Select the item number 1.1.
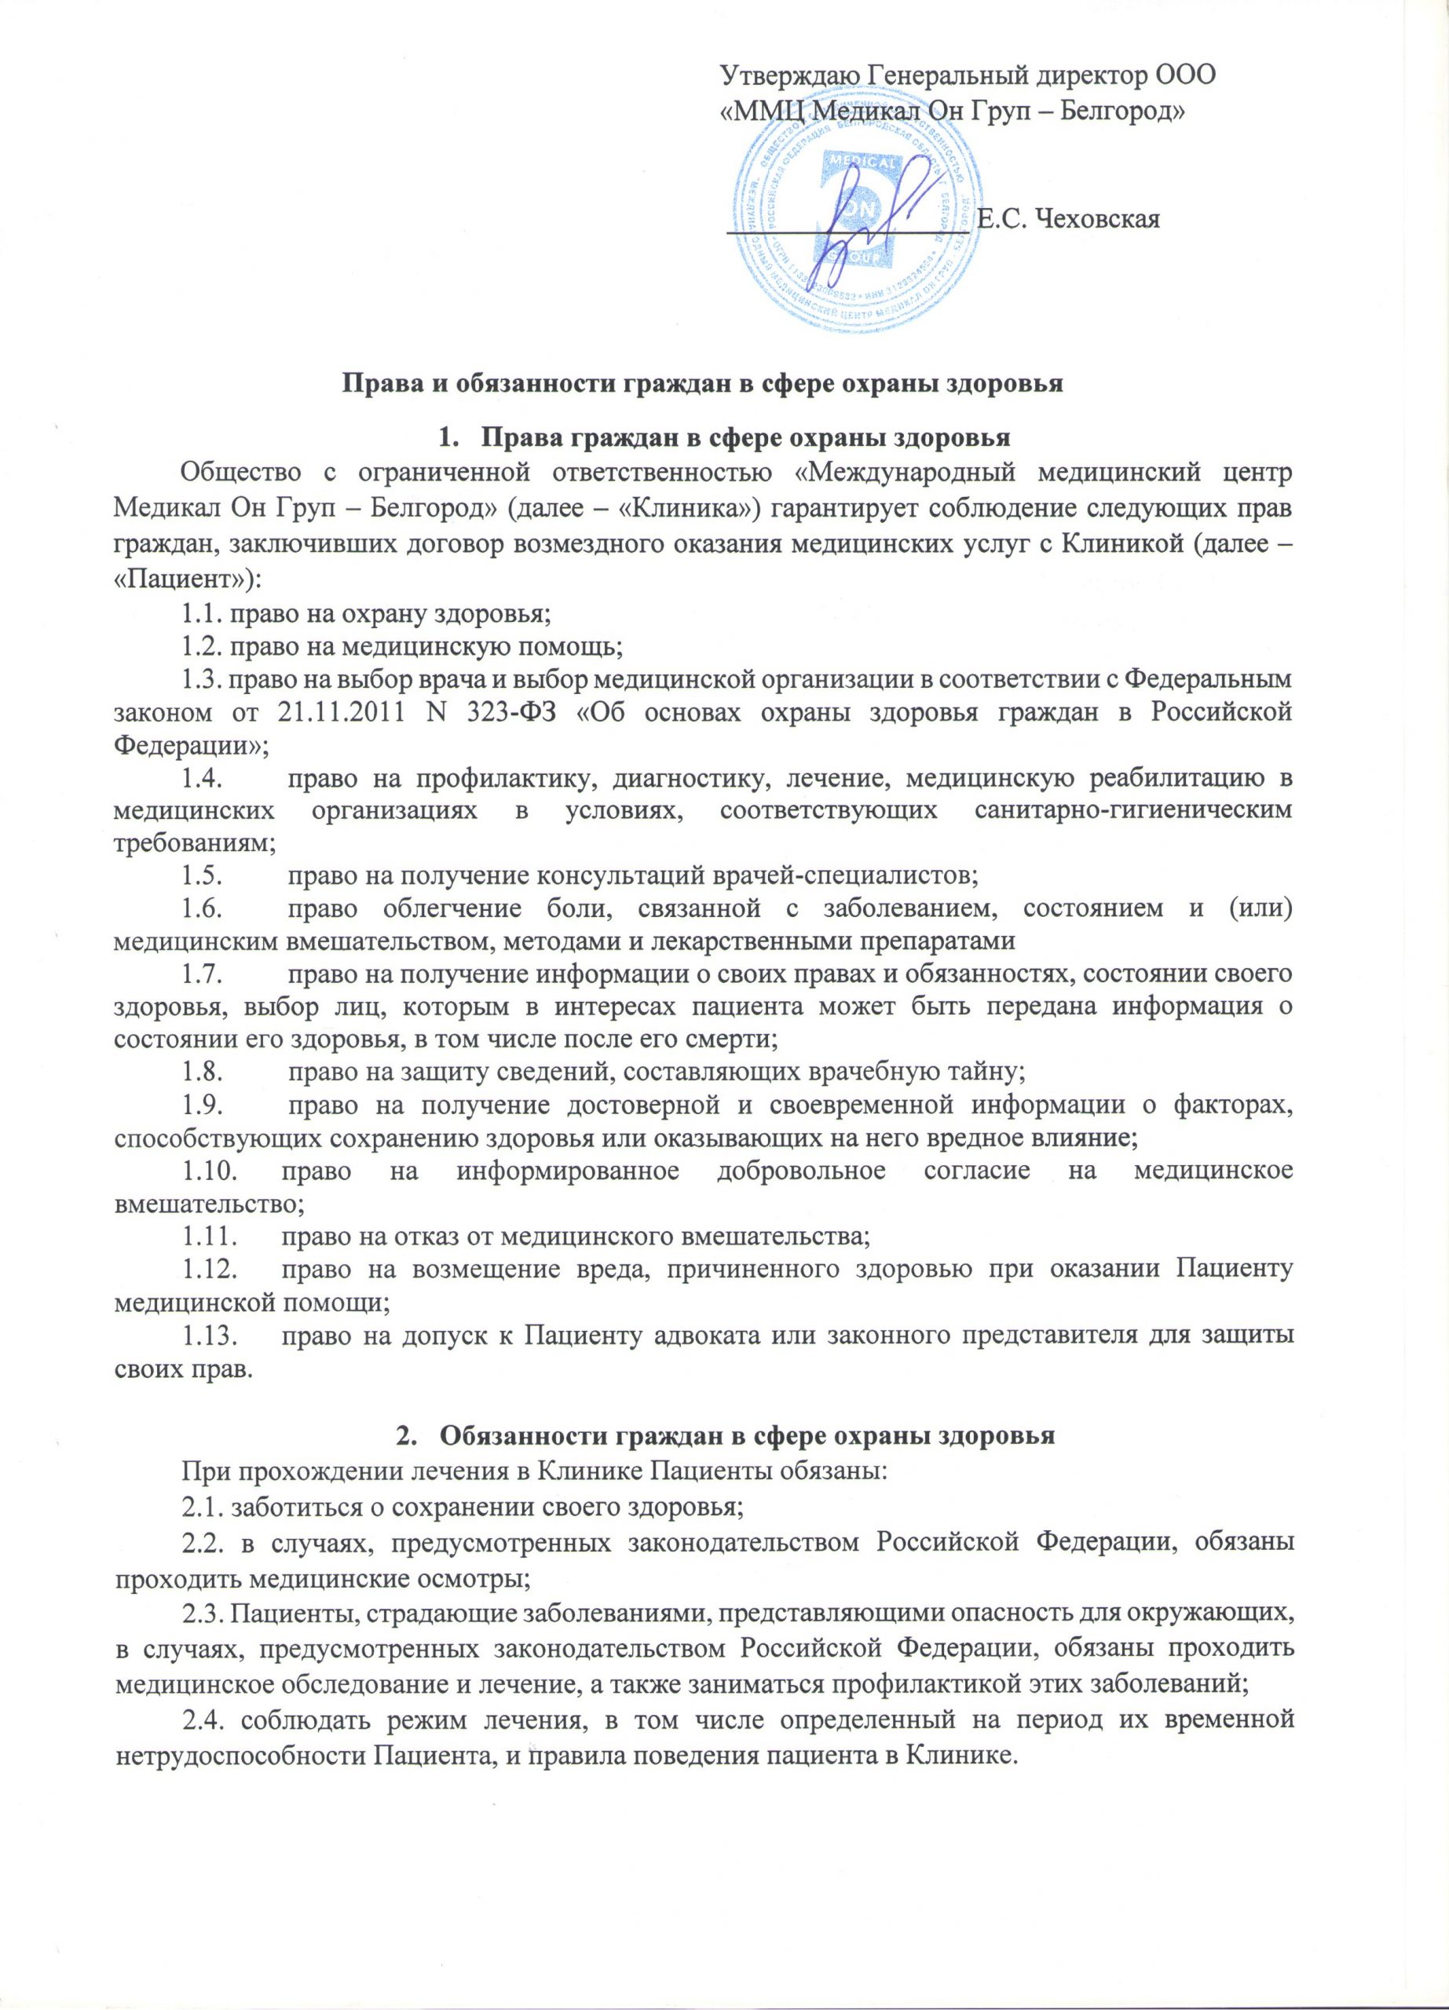202,611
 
